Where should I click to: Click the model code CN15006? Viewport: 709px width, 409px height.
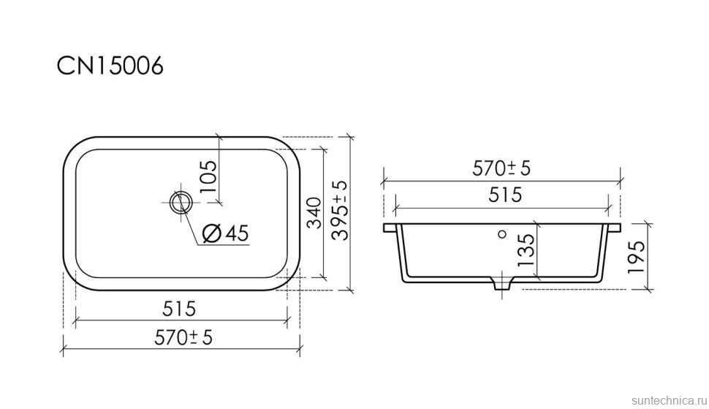click(x=110, y=66)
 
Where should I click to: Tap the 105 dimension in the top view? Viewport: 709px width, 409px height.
click(x=208, y=176)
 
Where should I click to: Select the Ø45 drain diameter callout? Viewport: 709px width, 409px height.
click(x=225, y=233)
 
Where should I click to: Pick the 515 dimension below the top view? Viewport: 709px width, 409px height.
click(x=179, y=309)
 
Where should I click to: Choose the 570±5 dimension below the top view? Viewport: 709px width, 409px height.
click(x=183, y=337)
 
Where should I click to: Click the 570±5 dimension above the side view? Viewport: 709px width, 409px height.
click(x=501, y=168)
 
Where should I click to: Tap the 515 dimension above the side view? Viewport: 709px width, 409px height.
click(x=505, y=195)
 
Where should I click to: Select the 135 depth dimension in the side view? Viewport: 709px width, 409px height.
click(x=526, y=249)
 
